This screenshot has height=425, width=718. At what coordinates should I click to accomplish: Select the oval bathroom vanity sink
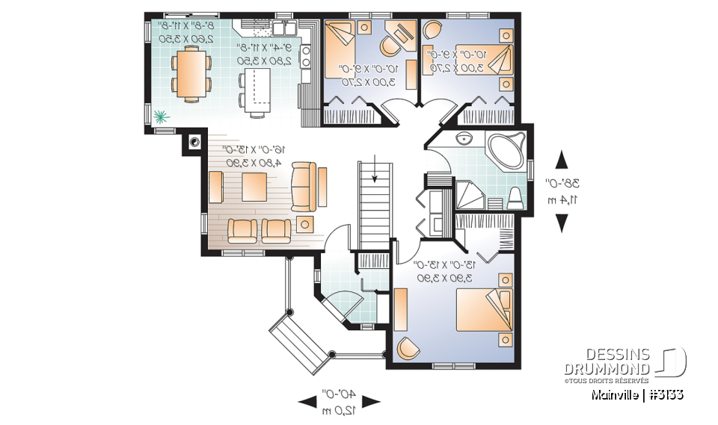pyautogui.click(x=464, y=139)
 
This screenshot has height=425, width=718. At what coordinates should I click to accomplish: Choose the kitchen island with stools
pyautogui.click(x=257, y=90)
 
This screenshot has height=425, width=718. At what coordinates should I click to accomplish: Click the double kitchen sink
pyautogui.click(x=283, y=29)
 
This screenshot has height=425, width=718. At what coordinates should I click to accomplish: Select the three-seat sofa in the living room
pyautogui.click(x=303, y=187)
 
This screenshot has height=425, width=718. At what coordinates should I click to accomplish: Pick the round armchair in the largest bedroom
pyautogui.click(x=408, y=348)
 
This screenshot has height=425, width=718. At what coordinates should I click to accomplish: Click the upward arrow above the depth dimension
pyautogui.click(x=561, y=160)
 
